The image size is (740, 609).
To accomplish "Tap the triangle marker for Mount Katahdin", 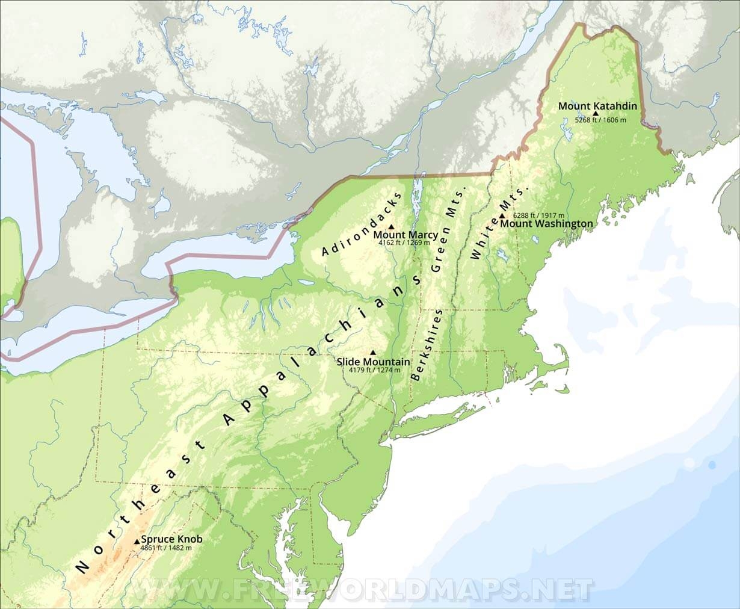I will point(596,113).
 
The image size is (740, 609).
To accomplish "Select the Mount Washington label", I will point(546,224).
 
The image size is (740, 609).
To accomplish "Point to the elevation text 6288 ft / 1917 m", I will point(538,215).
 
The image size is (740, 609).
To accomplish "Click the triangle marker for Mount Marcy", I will point(392,227).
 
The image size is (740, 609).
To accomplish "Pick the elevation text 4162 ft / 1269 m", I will point(404,243).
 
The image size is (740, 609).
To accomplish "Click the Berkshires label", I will point(428,344).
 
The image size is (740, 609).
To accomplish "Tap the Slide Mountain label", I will point(373,362).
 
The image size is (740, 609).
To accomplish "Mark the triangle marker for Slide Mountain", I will point(372,353).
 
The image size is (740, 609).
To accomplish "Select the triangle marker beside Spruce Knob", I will point(137,542).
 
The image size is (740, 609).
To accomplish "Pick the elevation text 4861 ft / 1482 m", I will point(165,548).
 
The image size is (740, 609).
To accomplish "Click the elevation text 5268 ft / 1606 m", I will point(600,120).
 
